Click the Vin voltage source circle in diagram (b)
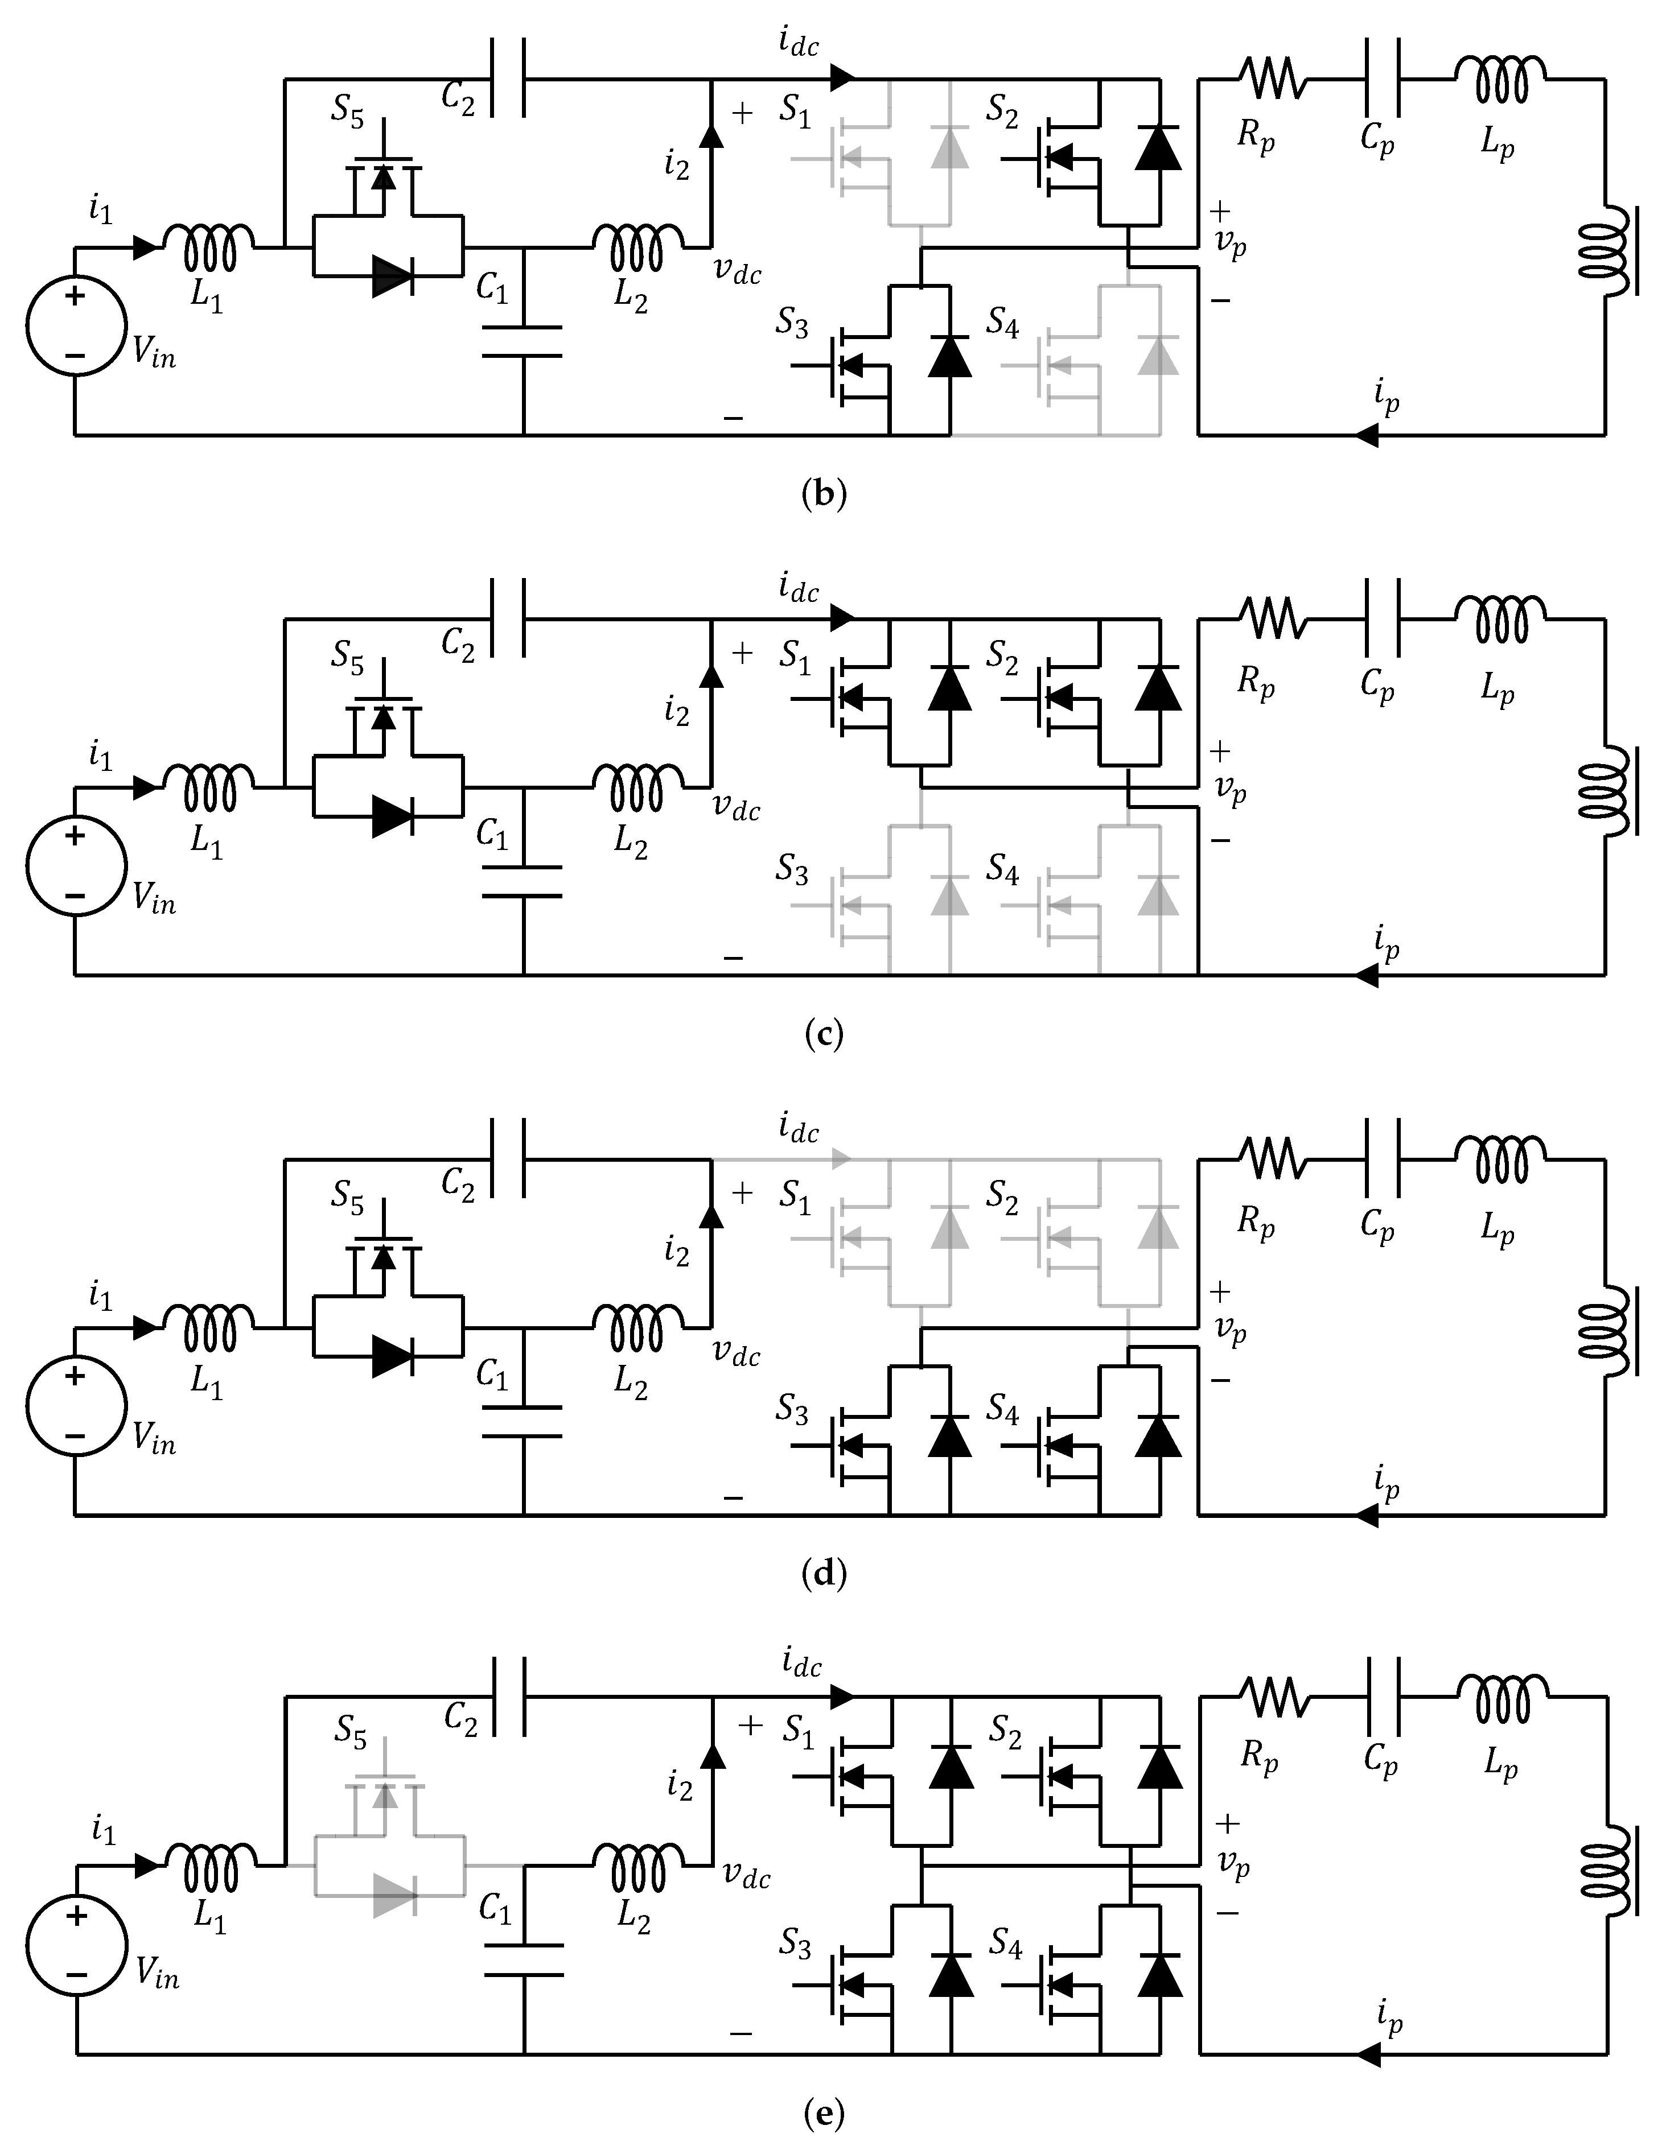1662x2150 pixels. tap(75, 325)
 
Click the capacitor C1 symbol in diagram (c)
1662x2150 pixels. tap(523, 881)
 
